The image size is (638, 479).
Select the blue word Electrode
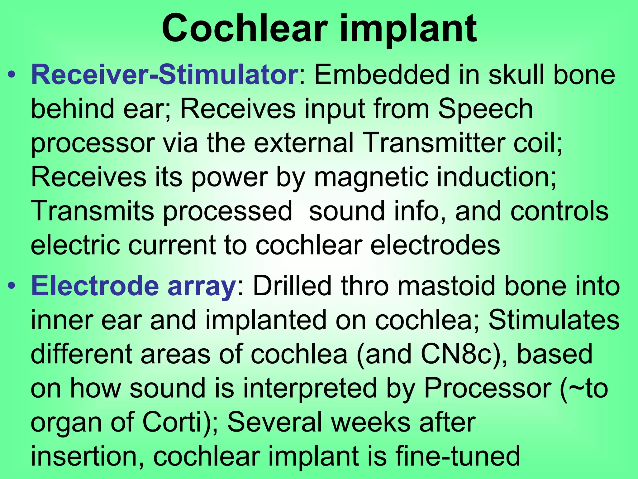[95, 286]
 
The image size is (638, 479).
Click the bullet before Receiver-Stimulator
[12, 75]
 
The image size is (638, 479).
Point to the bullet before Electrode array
[12, 286]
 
